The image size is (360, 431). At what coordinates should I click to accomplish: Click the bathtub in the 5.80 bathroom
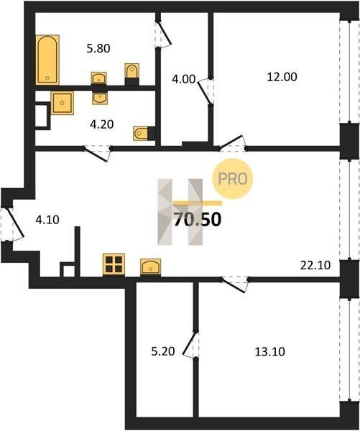click(x=47, y=60)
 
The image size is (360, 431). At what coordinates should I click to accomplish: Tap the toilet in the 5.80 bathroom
click(x=131, y=73)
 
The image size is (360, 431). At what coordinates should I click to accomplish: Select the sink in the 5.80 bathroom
click(x=98, y=78)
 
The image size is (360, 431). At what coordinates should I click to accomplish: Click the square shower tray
click(x=63, y=103)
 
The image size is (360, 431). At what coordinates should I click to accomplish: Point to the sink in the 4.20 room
click(x=100, y=98)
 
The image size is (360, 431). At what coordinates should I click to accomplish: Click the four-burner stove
click(x=114, y=264)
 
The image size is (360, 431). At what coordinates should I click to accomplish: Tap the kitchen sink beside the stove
click(x=150, y=267)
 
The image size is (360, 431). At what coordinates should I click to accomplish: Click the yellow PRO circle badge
click(x=232, y=179)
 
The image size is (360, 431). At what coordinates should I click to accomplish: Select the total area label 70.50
click(x=198, y=220)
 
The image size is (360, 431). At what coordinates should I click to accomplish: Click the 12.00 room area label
click(x=282, y=77)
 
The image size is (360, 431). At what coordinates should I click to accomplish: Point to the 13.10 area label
click(x=269, y=351)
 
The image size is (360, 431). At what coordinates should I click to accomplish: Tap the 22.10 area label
click(x=315, y=266)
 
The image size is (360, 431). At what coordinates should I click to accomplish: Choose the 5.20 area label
click(x=163, y=351)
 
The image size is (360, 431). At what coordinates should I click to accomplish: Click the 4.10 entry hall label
click(x=47, y=220)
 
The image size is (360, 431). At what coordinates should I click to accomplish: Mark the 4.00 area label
click(x=183, y=80)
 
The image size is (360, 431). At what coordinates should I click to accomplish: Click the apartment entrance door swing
click(x=14, y=223)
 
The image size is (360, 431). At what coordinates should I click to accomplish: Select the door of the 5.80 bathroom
click(x=165, y=34)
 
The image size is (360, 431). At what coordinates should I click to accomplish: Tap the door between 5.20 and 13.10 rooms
click(x=190, y=344)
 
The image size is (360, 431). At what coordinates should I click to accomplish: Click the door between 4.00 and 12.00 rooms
click(x=205, y=91)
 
